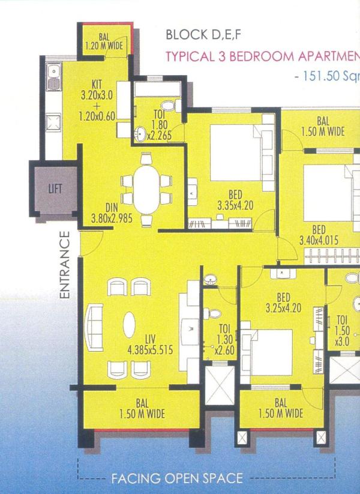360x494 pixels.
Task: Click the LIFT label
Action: [55, 188]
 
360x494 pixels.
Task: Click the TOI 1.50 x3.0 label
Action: [343, 331]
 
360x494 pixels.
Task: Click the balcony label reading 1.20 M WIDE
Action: [104, 41]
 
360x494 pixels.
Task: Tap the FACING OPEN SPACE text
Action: [177, 478]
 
